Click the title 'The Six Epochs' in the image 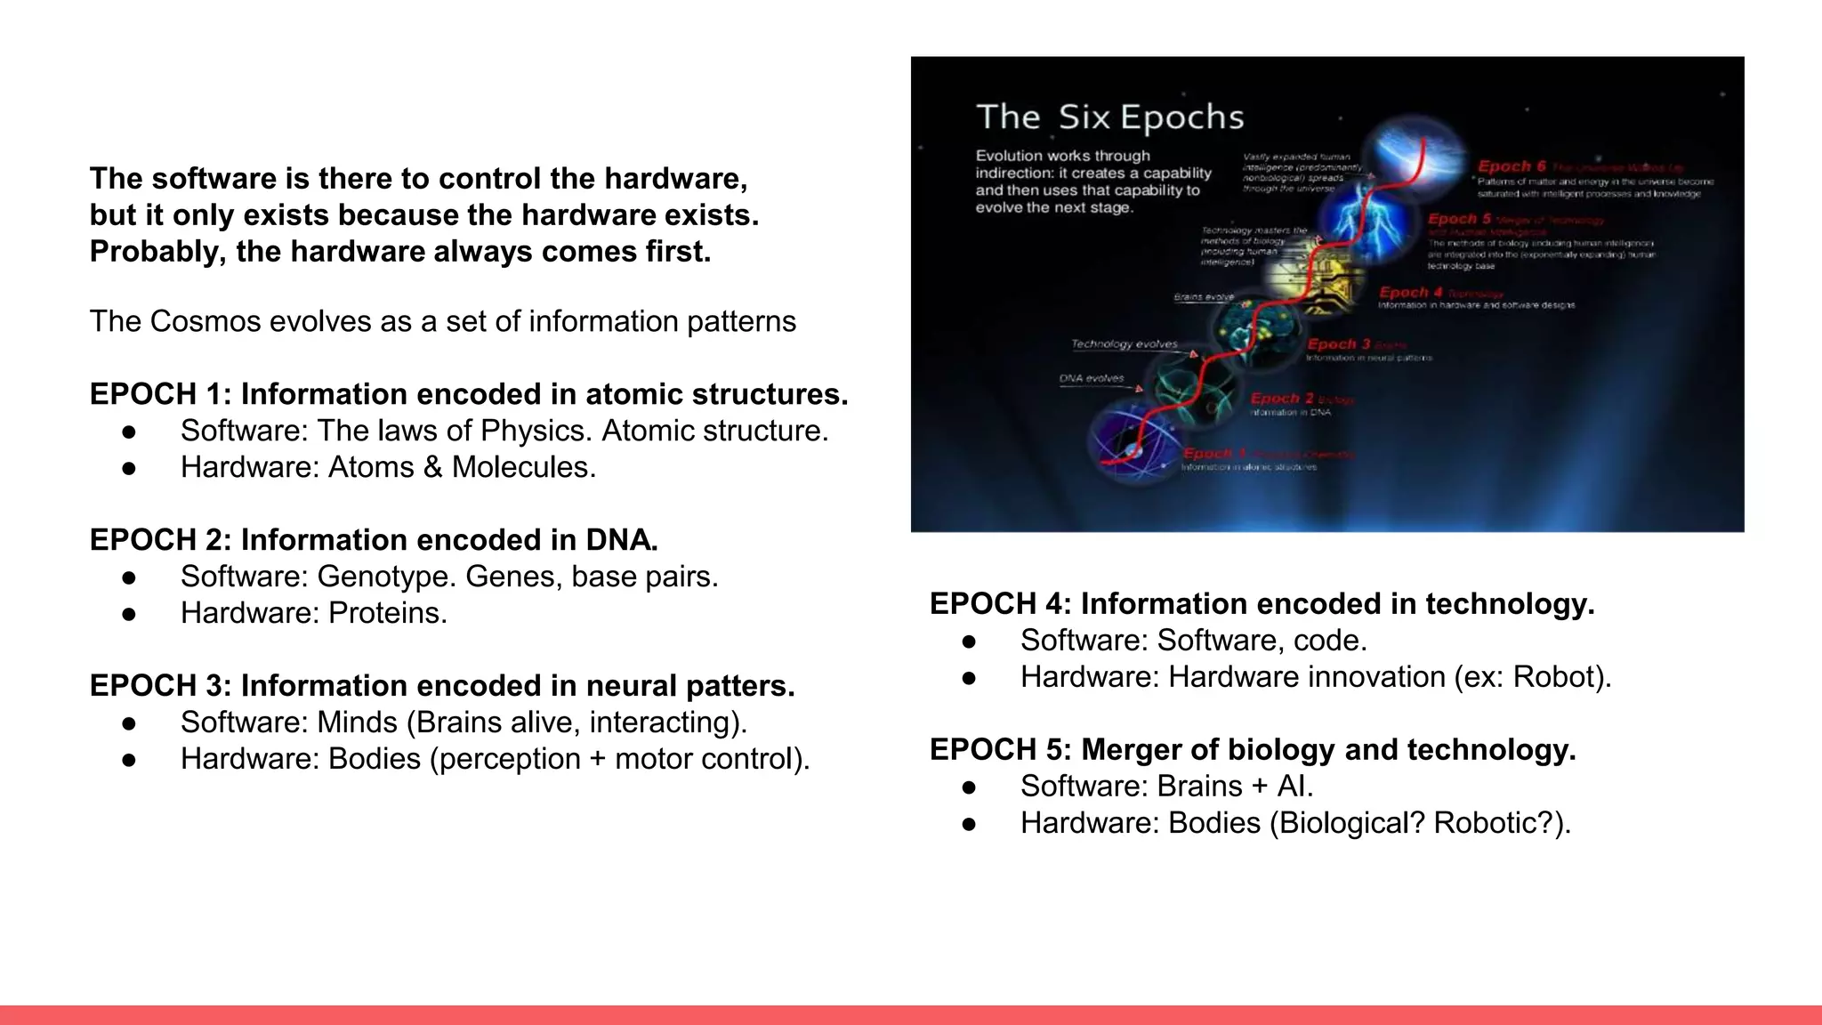tap(1109, 117)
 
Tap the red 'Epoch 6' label tap(1512, 166)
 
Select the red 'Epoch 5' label tap(1459, 219)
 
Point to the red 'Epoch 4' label tap(1410, 293)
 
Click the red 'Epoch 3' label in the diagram tap(1338, 344)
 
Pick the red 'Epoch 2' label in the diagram tap(1282, 399)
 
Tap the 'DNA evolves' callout tap(1091, 378)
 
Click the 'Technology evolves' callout tap(1124, 344)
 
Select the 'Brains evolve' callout tap(1204, 297)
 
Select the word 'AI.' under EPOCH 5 tap(1294, 787)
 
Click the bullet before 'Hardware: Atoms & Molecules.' tap(129, 468)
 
